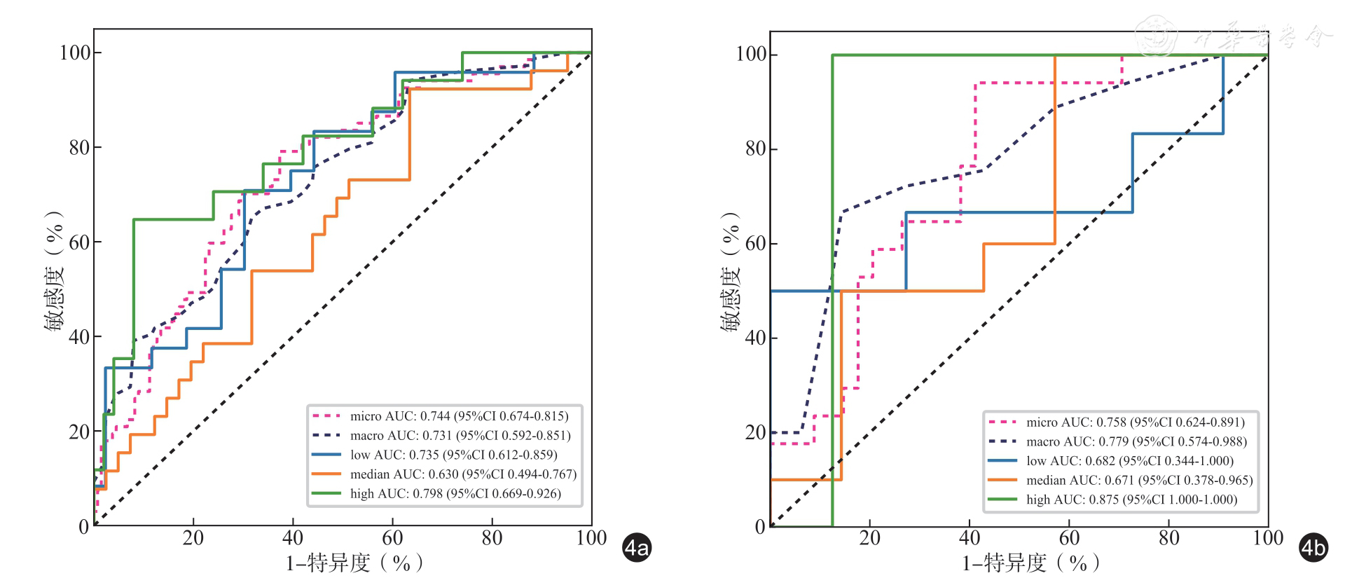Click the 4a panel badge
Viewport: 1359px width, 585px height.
click(x=637, y=548)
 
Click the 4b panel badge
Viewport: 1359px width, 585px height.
click(x=1313, y=548)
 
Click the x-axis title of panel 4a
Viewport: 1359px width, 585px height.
click(x=354, y=563)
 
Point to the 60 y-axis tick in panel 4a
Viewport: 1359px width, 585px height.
click(x=80, y=242)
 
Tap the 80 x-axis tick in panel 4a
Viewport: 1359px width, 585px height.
click(x=492, y=538)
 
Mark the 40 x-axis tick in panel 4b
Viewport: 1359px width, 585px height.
click(x=970, y=538)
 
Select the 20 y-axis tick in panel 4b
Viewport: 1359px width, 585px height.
click(x=755, y=432)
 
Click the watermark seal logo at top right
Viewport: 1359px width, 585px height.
click(x=1157, y=35)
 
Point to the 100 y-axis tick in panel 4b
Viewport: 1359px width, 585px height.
click(x=750, y=55)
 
